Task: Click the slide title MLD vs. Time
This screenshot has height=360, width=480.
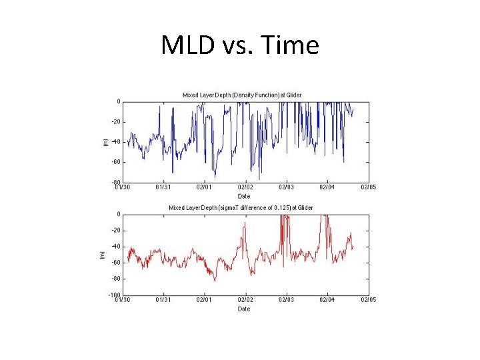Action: coord(240,46)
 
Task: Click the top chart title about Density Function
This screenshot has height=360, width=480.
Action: coord(242,95)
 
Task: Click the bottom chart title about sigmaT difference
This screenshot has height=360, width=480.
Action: coord(241,208)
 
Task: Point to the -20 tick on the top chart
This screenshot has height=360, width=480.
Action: coord(115,122)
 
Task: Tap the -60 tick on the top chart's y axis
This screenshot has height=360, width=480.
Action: coord(115,162)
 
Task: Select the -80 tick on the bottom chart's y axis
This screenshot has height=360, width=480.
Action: coord(115,279)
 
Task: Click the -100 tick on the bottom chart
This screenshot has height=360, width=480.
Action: coord(114,295)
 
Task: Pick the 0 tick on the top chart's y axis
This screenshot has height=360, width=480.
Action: coord(118,102)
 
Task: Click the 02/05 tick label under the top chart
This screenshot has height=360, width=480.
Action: coord(368,187)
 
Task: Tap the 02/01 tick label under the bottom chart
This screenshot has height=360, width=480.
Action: coord(204,300)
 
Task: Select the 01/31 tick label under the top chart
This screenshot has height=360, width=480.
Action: coord(163,187)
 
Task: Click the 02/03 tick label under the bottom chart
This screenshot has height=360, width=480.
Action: coord(286,300)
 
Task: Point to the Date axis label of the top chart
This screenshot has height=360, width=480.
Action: coord(244,196)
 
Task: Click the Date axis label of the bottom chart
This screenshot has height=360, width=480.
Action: coord(244,309)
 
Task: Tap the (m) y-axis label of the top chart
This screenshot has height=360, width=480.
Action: coord(103,142)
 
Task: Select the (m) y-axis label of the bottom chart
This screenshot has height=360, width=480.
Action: coord(102,255)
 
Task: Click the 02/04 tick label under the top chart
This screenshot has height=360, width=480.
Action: coord(327,187)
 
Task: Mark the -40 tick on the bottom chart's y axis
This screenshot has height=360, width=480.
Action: coord(115,247)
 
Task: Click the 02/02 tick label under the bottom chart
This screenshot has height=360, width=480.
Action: coord(245,300)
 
